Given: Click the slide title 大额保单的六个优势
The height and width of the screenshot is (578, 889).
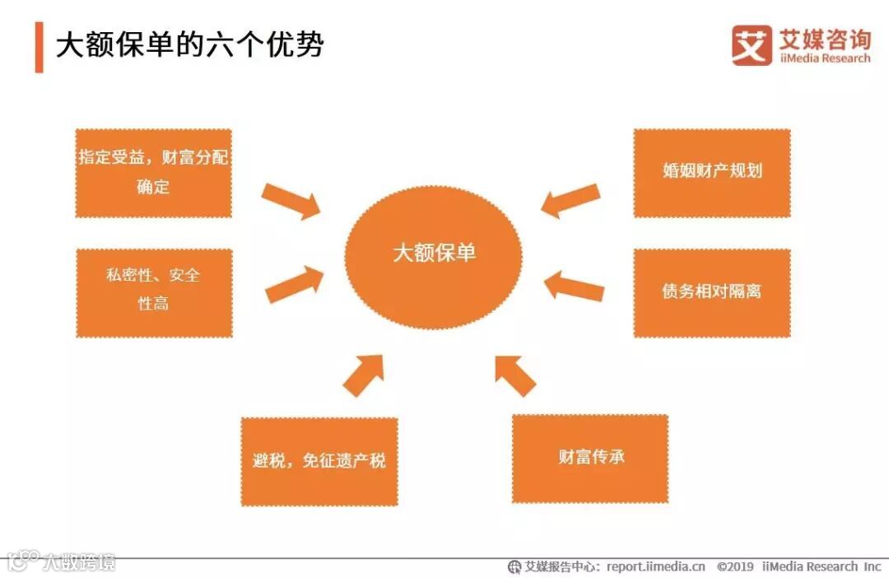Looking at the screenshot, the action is tap(189, 45).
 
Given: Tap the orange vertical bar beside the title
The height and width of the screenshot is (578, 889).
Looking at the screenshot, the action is tap(39, 47).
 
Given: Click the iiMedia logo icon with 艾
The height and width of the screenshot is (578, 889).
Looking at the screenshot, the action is tap(752, 44).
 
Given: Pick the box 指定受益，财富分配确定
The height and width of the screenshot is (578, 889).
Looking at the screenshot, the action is tap(153, 173).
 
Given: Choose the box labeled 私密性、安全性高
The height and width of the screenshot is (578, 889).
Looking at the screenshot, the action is tap(153, 292).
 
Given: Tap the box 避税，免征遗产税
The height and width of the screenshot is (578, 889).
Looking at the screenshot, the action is tap(319, 461).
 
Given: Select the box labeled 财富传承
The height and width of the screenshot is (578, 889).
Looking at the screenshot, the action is tap(590, 458).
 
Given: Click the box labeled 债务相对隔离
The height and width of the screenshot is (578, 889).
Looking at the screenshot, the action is tap(711, 292).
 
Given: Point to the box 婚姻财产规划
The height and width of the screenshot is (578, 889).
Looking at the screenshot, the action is tap(711, 172).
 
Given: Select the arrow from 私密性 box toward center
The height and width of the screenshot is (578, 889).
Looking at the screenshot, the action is tap(294, 283).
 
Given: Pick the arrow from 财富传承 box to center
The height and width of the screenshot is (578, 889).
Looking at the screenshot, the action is tap(515, 375).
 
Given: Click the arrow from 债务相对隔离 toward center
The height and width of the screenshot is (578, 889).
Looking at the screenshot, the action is tap(574, 285).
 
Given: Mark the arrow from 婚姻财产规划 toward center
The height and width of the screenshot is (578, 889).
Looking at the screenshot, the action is tap(570, 200).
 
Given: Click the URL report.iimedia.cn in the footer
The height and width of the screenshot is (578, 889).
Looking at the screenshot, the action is tap(656, 566).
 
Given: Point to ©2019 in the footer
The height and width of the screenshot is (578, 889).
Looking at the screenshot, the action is tap(735, 566).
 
